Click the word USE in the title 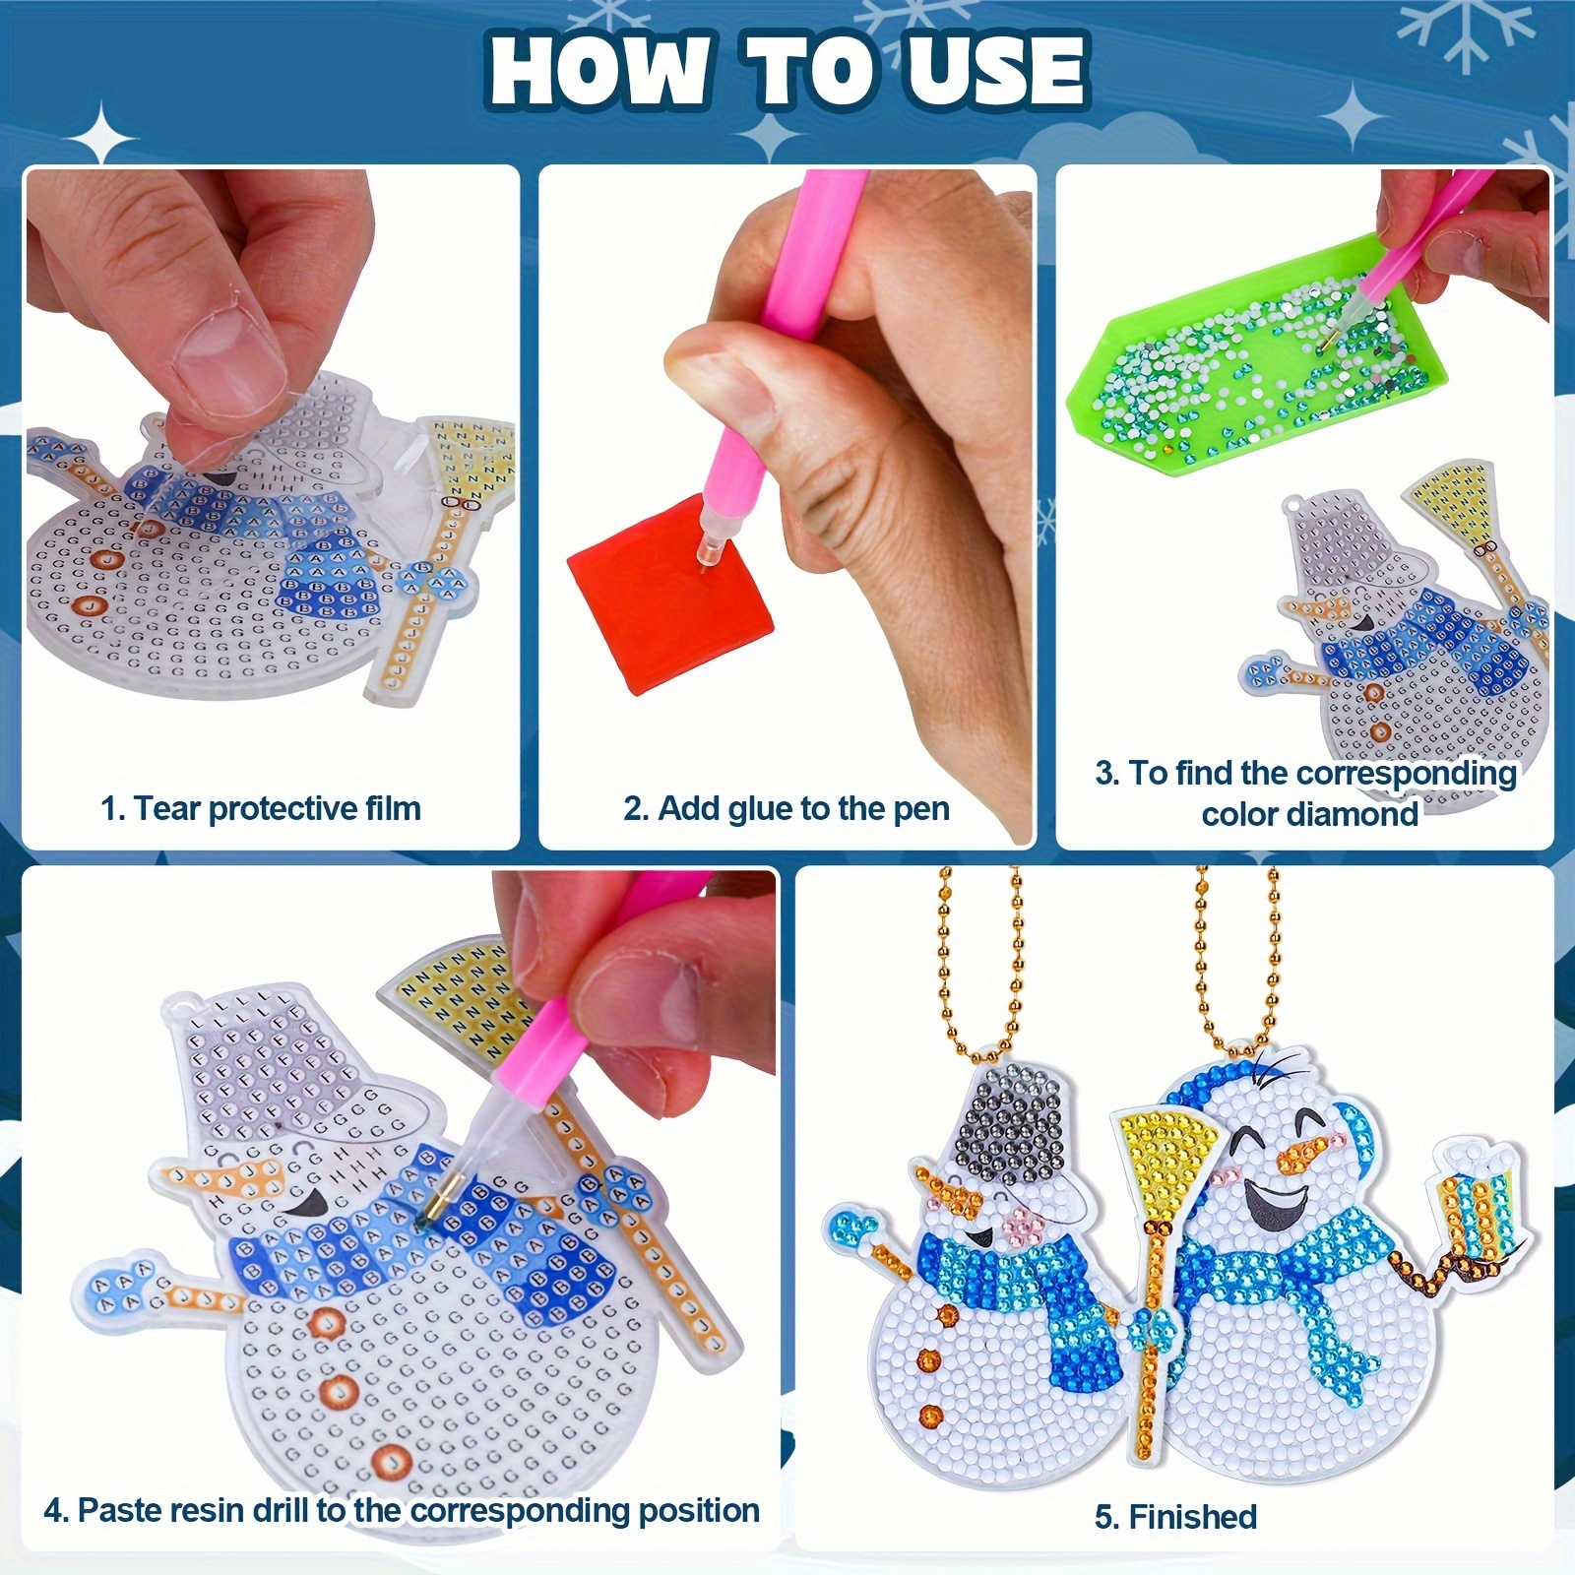(994, 71)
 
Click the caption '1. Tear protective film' (261, 809)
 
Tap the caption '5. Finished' (1175, 1517)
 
